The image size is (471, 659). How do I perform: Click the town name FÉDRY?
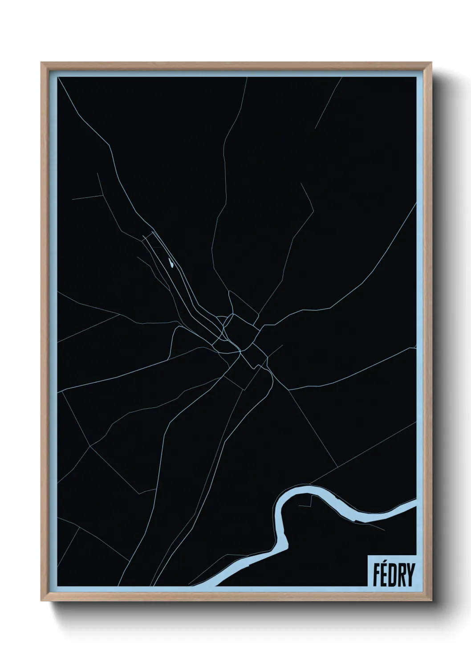click(391, 575)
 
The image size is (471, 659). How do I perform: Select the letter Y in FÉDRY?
click(409, 575)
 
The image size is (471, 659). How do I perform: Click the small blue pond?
click(171, 264)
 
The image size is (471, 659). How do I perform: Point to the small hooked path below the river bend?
click(307, 504)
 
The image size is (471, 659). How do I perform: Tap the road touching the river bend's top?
click(312, 483)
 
